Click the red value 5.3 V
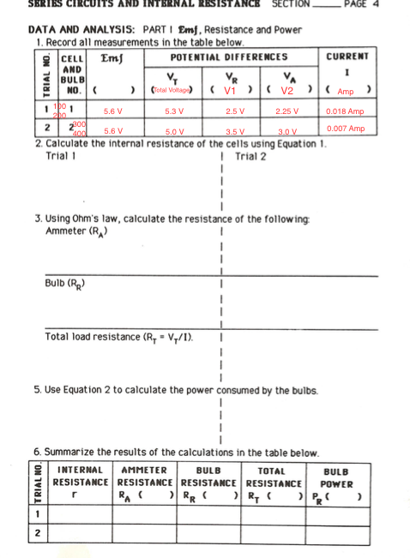(x=175, y=111)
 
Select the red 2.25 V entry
(x=287, y=111)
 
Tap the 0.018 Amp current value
(x=346, y=111)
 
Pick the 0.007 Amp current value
(x=346, y=129)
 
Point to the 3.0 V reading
(x=287, y=131)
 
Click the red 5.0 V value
(x=175, y=131)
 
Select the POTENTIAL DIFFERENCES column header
(x=229, y=57)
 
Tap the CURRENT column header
(x=347, y=57)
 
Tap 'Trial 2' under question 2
(x=250, y=157)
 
